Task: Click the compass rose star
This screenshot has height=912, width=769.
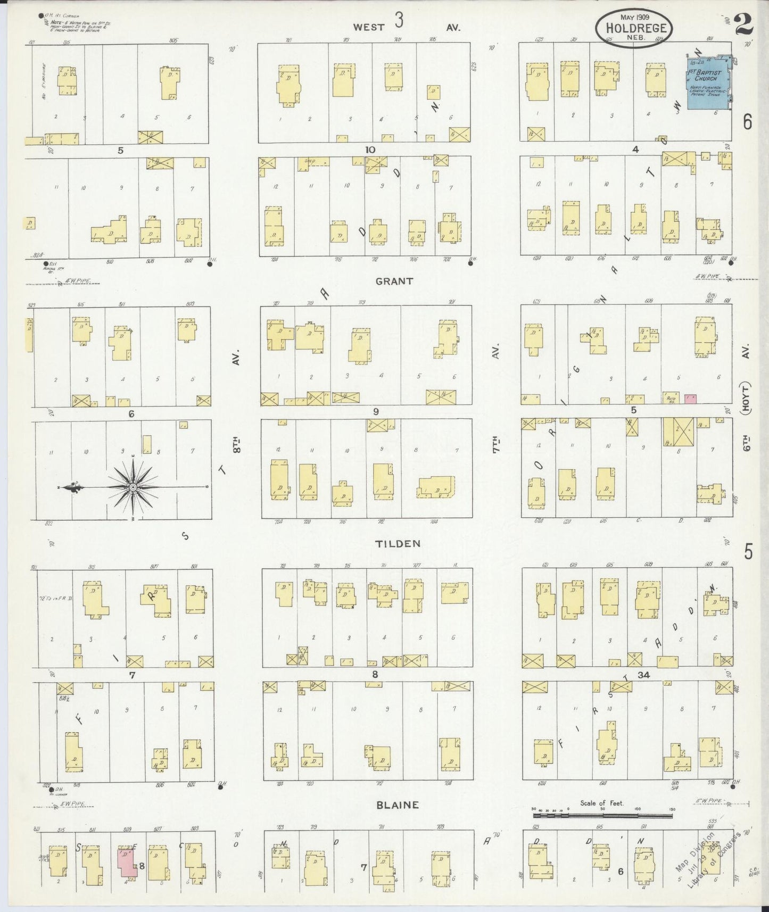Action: tap(133, 487)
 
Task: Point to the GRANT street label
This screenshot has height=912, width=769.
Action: tap(394, 281)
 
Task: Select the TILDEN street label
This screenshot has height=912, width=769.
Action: tap(398, 543)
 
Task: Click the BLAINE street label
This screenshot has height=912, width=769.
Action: tap(398, 805)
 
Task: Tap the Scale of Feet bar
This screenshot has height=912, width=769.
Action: tap(602, 815)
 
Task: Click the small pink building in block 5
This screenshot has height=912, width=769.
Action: tap(691, 398)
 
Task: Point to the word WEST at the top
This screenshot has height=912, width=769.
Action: tap(368, 27)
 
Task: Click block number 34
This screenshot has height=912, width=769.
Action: tap(643, 675)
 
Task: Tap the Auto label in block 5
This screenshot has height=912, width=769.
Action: tap(671, 397)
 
